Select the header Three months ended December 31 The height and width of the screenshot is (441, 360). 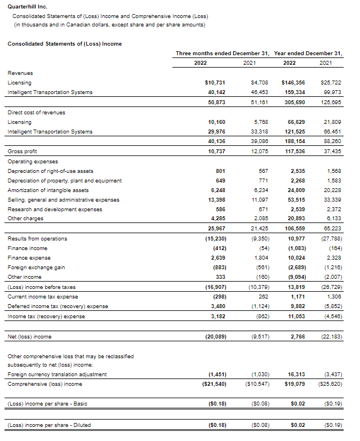point(222,53)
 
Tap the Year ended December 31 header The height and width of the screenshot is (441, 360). point(308,53)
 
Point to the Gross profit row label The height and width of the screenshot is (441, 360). point(20,152)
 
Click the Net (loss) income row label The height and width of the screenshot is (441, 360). point(29,336)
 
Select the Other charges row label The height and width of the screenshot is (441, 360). point(25,219)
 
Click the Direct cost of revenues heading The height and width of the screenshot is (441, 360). point(36,113)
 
